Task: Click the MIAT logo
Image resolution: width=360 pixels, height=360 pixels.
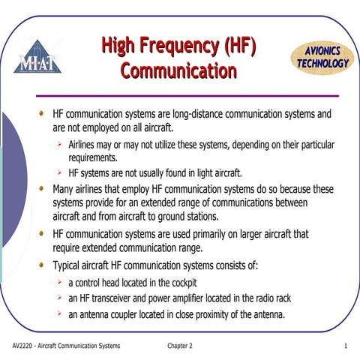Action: (37, 56)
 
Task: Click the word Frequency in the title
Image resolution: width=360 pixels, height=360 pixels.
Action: (178, 46)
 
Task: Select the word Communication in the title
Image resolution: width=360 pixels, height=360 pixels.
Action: (178, 71)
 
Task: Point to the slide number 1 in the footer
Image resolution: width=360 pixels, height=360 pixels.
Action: (345, 346)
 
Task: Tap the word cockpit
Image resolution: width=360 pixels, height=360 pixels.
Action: (180, 283)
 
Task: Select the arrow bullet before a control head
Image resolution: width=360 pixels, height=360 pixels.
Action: (58, 283)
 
